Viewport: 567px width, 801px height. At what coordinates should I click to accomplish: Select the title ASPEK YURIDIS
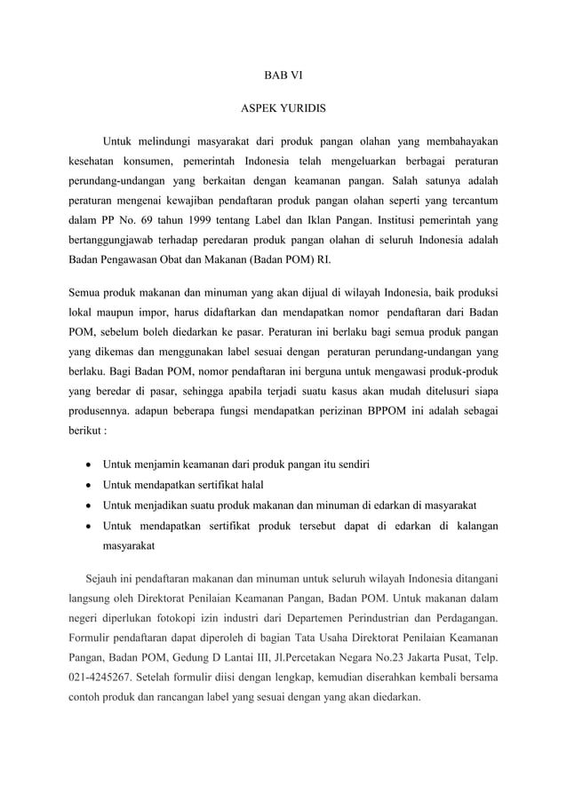click(283, 110)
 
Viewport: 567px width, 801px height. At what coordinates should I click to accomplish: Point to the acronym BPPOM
click(386, 411)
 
